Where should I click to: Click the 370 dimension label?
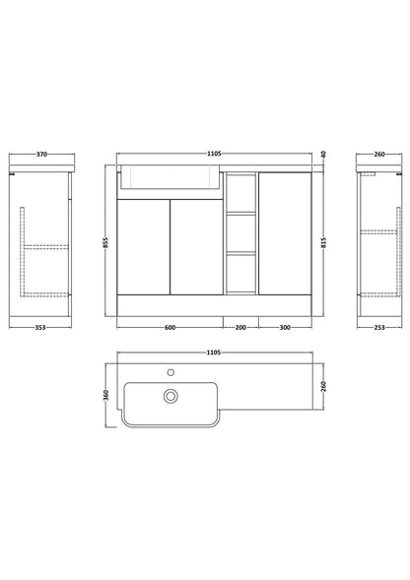coord(41,155)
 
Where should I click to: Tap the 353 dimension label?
coord(40,327)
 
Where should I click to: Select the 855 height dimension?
coord(105,242)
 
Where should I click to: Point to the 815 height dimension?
coord(323,242)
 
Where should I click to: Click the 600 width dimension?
coord(170,327)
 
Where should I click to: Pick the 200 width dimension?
coord(240,327)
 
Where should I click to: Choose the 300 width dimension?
coord(285,327)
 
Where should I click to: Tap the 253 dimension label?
coord(379,327)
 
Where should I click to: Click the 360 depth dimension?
coord(105,395)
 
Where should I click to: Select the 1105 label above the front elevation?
coord(214,154)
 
